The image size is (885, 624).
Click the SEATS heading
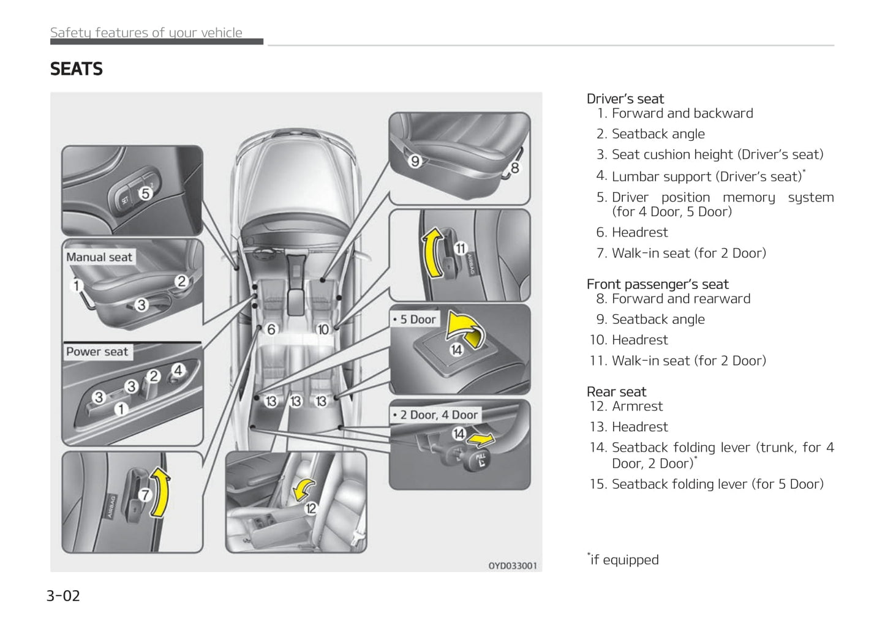click(x=77, y=69)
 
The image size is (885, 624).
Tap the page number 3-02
click(x=63, y=596)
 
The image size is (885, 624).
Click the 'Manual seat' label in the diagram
click(x=99, y=258)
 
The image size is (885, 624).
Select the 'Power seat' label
click(x=97, y=352)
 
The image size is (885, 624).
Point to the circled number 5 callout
click(x=145, y=194)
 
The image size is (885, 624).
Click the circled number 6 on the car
click(x=271, y=329)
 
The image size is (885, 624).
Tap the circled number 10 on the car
click(x=323, y=329)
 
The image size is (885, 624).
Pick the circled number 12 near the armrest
click(x=311, y=508)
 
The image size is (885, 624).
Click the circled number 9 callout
click(x=415, y=161)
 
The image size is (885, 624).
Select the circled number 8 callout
click(x=514, y=168)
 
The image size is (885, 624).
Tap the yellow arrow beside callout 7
click(x=160, y=492)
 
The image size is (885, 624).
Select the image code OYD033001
click(x=512, y=566)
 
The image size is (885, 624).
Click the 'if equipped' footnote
click(x=623, y=560)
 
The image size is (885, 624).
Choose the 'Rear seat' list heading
click(x=616, y=392)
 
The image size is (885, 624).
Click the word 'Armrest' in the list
click(x=637, y=407)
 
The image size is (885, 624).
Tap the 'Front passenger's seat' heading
click(x=657, y=284)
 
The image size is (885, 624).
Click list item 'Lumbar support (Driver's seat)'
click(x=706, y=177)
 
